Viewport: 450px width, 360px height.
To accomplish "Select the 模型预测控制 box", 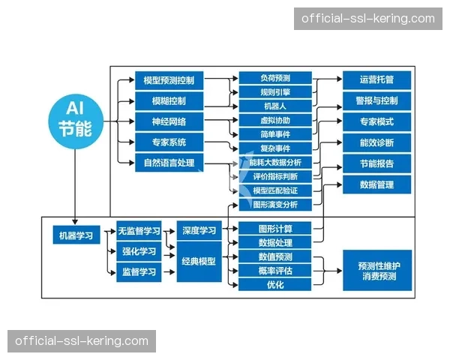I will click(x=169, y=79).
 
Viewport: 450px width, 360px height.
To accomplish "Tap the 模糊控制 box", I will click(x=169, y=100).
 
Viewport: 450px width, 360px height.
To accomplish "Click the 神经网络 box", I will click(x=169, y=121).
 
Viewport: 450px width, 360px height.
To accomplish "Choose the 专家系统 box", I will click(x=169, y=142).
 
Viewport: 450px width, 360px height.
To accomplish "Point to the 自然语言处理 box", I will click(x=169, y=162).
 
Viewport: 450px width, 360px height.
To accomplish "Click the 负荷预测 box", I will click(x=274, y=78).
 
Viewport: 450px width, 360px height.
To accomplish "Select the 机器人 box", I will click(x=274, y=106).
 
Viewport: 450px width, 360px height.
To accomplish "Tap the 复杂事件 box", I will click(x=274, y=148).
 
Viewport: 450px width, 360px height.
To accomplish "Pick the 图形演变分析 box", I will click(x=274, y=205).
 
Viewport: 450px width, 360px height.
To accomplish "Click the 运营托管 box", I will click(x=376, y=79).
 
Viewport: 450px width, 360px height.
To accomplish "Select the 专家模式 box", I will click(x=376, y=121).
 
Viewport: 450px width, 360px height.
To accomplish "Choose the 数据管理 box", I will click(x=376, y=184).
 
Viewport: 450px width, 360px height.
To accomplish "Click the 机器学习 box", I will click(x=76, y=235).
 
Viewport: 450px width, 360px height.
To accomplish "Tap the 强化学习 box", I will click(x=139, y=251).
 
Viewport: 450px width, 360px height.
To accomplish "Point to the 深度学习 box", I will click(x=199, y=231).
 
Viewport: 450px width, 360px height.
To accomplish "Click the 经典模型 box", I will click(x=199, y=261).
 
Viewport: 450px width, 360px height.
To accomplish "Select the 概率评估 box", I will click(x=274, y=271).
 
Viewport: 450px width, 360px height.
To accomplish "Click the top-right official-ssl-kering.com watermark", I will click(x=368, y=19).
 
